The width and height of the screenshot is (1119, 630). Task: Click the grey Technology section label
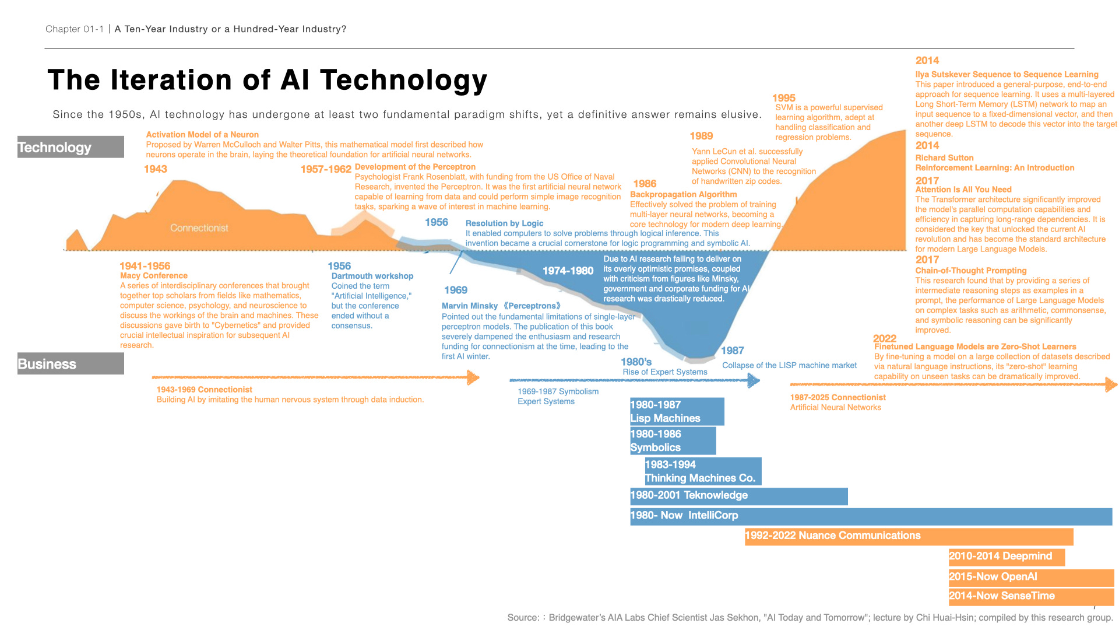click(x=71, y=147)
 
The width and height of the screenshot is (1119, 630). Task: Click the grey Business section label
click(x=71, y=363)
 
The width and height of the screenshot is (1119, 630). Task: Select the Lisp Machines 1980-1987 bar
click(x=677, y=411)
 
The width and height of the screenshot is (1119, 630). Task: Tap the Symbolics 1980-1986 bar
click(x=673, y=440)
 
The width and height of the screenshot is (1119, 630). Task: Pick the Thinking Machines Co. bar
click(x=702, y=471)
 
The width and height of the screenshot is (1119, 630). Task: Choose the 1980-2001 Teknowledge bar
click(x=738, y=496)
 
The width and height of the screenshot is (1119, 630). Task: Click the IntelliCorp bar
click(x=871, y=516)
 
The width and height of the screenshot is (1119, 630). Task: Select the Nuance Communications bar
click(x=909, y=536)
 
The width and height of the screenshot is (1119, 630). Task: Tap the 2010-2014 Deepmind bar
click(x=1006, y=556)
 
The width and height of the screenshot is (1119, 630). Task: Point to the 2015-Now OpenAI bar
click(x=1030, y=577)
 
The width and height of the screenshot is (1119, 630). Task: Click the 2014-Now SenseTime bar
click(x=1030, y=596)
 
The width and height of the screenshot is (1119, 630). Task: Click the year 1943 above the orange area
click(x=156, y=169)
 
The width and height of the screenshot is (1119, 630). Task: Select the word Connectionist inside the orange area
click(x=199, y=228)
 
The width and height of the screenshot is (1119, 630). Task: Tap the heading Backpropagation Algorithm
click(x=683, y=194)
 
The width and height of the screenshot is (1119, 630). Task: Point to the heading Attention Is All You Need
click(x=963, y=190)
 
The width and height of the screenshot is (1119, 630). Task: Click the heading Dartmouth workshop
click(x=372, y=276)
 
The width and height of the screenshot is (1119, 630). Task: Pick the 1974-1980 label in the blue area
click(x=568, y=271)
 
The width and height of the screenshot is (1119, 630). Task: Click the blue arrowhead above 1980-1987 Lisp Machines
click(x=754, y=381)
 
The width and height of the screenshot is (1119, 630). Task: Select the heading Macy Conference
click(x=154, y=276)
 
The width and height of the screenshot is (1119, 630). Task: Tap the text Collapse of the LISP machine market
click(x=789, y=366)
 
